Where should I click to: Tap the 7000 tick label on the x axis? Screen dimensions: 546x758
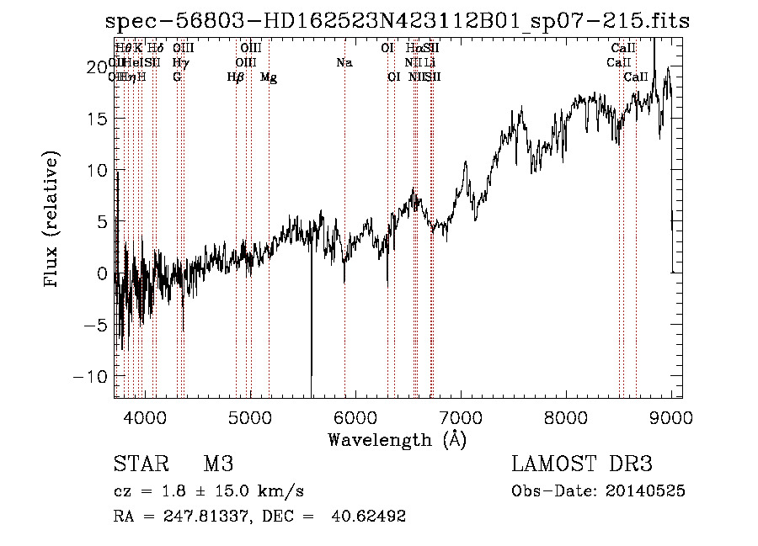pos(461,416)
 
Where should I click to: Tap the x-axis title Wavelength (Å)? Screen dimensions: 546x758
pos(397,439)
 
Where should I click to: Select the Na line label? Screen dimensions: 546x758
pos(344,63)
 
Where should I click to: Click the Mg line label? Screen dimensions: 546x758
pos(269,77)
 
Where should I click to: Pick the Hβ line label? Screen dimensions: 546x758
pos(236,77)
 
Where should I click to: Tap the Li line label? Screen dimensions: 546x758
pos(430,63)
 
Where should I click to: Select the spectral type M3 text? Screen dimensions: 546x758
pos(218,465)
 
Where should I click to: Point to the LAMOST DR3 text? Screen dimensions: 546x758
pos(582,465)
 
